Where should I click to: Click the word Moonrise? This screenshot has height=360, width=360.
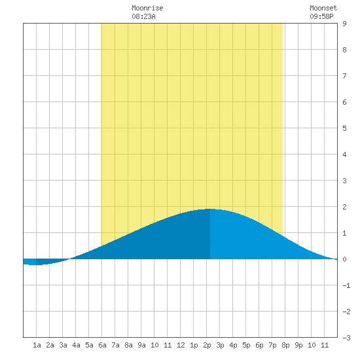(147, 8)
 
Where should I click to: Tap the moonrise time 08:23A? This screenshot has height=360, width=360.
(143, 16)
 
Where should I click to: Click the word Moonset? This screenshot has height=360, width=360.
(323, 8)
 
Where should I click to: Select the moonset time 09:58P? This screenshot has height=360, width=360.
(321, 16)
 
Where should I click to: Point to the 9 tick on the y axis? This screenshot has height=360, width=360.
(344, 24)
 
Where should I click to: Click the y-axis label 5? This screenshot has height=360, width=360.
(344, 128)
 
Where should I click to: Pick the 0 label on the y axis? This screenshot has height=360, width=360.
(344, 259)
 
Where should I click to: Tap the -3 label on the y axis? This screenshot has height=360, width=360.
(346, 338)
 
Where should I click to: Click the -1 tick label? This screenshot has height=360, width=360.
(346, 285)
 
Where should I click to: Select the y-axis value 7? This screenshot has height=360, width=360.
(344, 76)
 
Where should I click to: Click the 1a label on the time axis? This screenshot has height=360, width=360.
(37, 345)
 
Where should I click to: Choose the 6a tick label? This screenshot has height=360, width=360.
(102, 345)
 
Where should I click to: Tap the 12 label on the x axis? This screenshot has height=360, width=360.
(181, 345)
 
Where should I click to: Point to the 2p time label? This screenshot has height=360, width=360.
(207, 345)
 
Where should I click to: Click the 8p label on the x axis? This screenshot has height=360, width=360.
(285, 345)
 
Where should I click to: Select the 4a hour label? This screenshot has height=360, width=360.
(76, 345)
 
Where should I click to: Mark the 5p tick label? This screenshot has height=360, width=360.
(246, 345)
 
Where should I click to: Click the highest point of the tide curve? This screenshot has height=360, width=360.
(210, 209)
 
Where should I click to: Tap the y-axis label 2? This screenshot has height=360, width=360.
(344, 207)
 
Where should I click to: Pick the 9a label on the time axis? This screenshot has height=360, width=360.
(141, 345)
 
